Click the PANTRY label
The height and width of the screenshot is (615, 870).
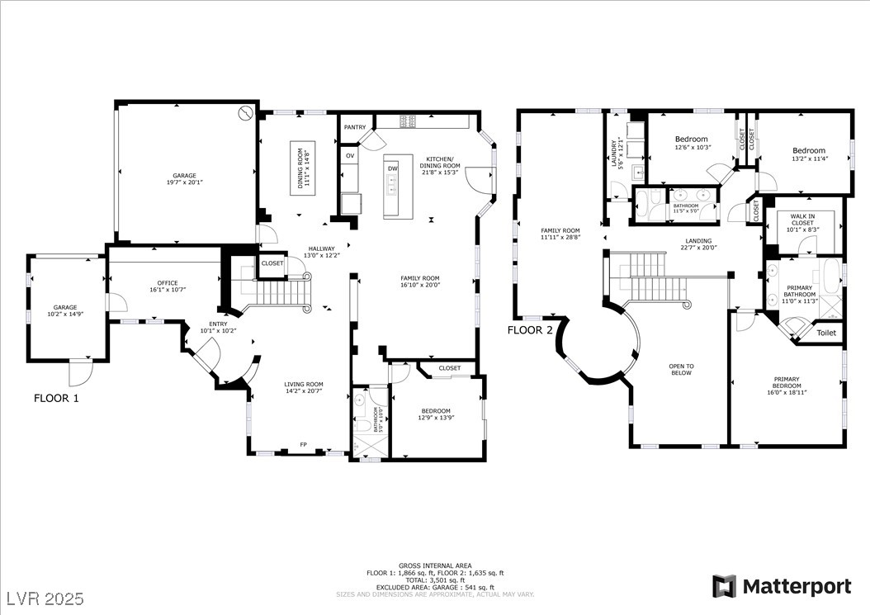point(355,127)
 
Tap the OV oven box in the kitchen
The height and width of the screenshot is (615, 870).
point(350,155)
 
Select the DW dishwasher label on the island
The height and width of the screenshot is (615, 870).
point(393,168)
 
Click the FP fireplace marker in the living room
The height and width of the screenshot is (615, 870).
point(303,445)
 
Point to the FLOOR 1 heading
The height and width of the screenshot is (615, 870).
point(56,398)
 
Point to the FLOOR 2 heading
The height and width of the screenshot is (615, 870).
point(530,329)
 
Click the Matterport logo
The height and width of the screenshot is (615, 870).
point(782,586)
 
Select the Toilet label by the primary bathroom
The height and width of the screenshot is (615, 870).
point(826,333)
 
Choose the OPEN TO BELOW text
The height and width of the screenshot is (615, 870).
point(682,369)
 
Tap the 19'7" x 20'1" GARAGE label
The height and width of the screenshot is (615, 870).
point(184,179)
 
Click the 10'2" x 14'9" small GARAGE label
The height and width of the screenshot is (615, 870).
point(65,310)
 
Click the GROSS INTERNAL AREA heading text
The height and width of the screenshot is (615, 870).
point(435,565)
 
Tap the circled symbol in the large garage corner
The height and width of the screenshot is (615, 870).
point(245,113)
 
